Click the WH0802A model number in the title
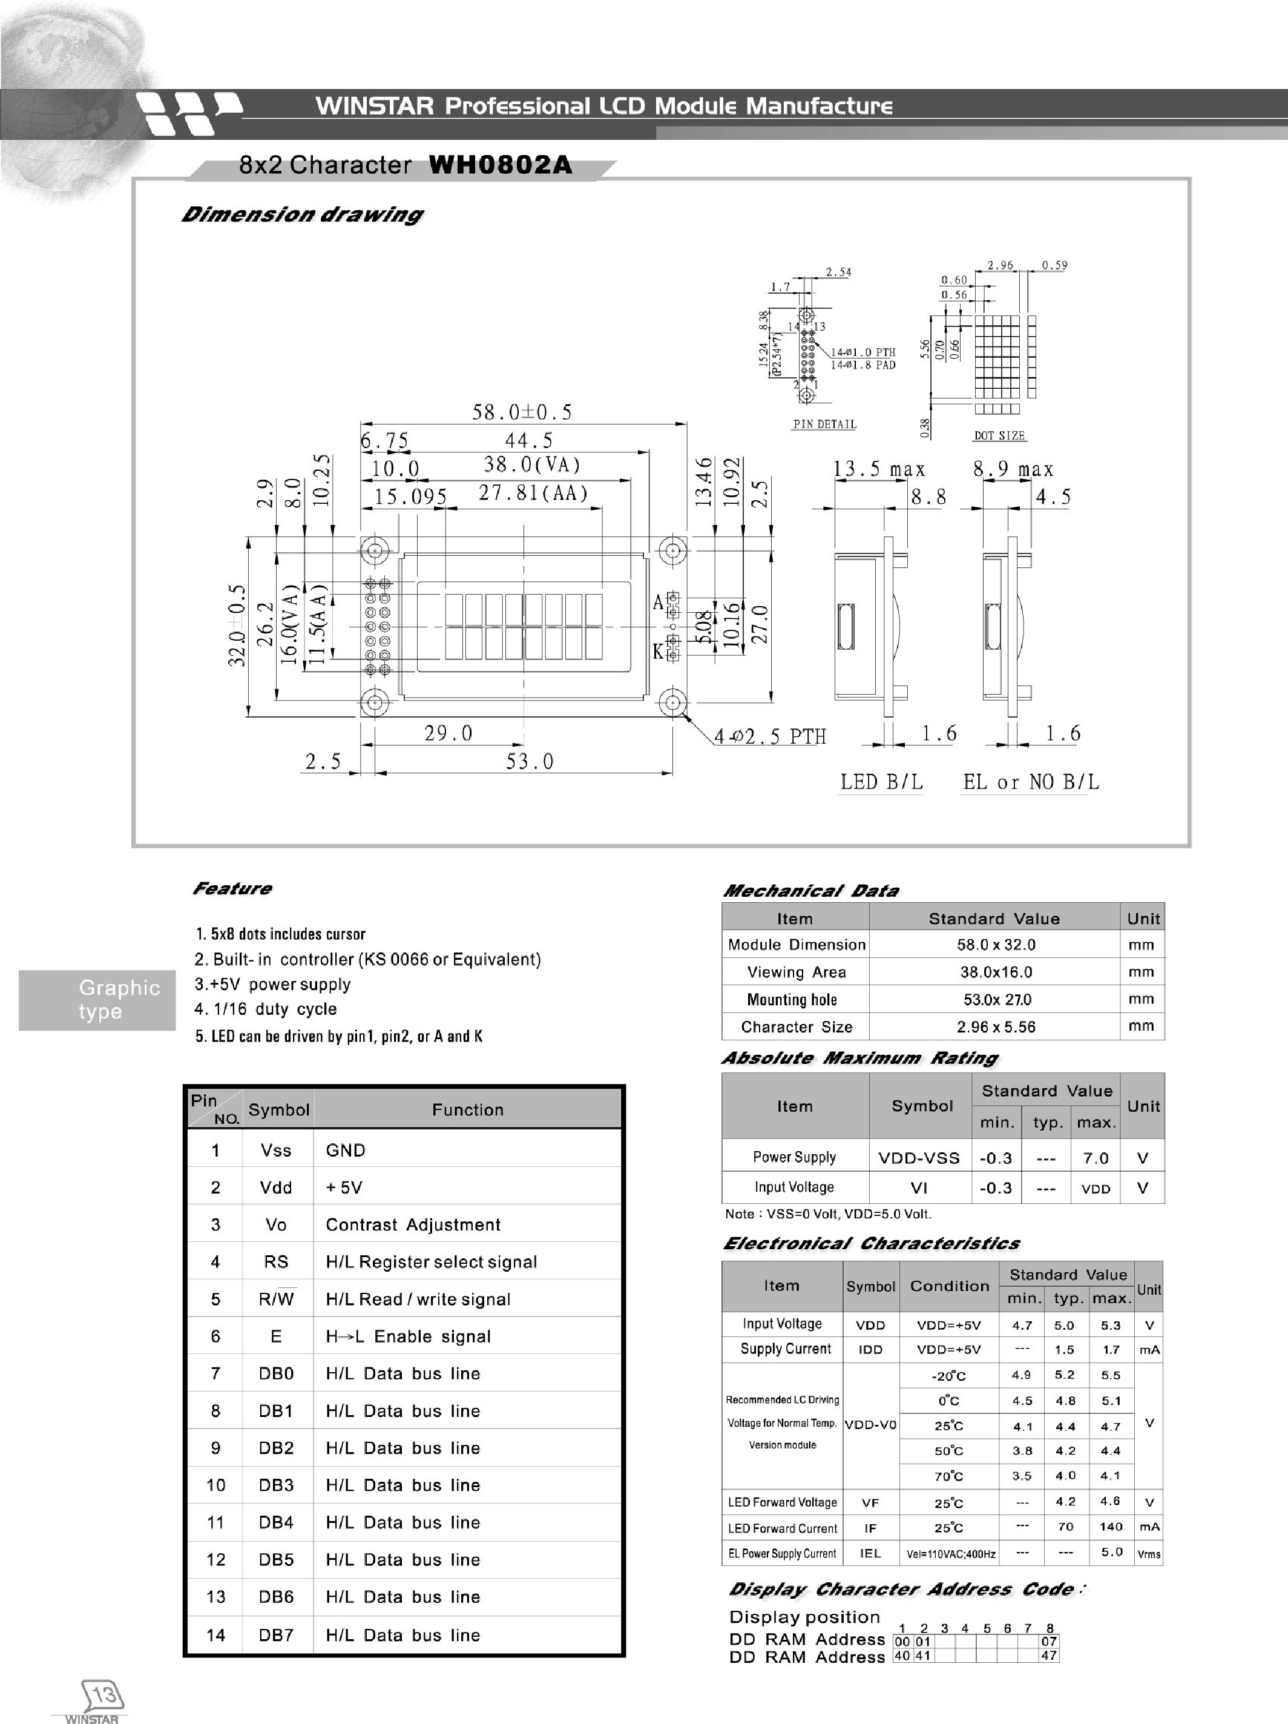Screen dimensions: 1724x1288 (500, 165)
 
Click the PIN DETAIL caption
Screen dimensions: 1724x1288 (824, 424)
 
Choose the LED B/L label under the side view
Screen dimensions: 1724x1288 (881, 782)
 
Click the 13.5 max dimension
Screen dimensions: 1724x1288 (879, 470)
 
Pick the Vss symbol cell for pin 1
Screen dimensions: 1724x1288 (276, 1151)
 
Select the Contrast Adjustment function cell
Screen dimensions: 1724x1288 (413, 1224)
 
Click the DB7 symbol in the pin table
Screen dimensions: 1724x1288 (276, 1634)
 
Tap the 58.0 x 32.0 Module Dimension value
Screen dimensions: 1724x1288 (996, 945)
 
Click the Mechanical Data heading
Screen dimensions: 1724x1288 (810, 891)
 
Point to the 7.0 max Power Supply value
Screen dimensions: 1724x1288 (1096, 1158)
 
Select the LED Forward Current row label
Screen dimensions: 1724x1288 (783, 1528)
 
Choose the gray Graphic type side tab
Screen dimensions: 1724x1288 (98, 1000)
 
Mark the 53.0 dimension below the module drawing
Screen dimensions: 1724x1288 (529, 761)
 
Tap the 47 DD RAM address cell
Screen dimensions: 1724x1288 (1049, 1656)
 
